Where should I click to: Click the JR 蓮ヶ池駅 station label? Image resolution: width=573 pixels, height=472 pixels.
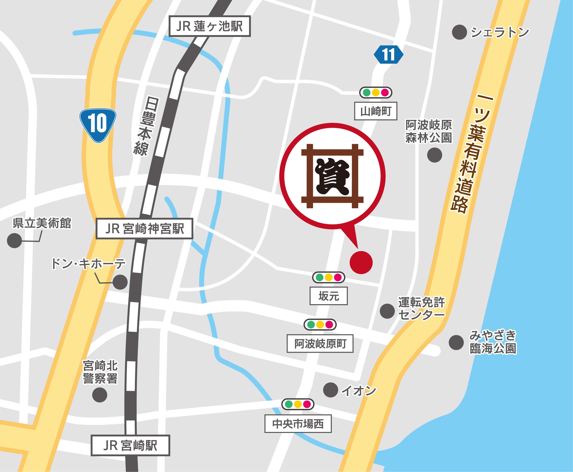point(209,27)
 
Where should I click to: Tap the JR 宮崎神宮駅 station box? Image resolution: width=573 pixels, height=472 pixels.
point(144,229)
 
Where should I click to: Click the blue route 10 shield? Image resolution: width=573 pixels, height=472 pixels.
point(98,125)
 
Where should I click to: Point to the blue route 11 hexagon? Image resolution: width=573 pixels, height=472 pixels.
point(388,55)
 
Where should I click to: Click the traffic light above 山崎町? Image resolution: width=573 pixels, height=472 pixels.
point(376,93)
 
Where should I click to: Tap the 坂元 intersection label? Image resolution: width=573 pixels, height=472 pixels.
point(328,296)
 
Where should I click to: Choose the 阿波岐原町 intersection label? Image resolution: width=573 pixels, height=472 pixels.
point(320,344)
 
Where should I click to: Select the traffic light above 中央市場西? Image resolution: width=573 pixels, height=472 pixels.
point(298,404)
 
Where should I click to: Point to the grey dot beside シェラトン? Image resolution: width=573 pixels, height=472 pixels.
point(459,32)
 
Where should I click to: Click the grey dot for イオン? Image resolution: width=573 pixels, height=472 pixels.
point(330,390)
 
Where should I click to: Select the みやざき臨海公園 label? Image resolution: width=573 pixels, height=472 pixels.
point(493,342)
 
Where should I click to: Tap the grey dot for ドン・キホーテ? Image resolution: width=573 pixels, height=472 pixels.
point(120,282)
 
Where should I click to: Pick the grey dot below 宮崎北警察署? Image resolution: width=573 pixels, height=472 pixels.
point(100,395)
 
